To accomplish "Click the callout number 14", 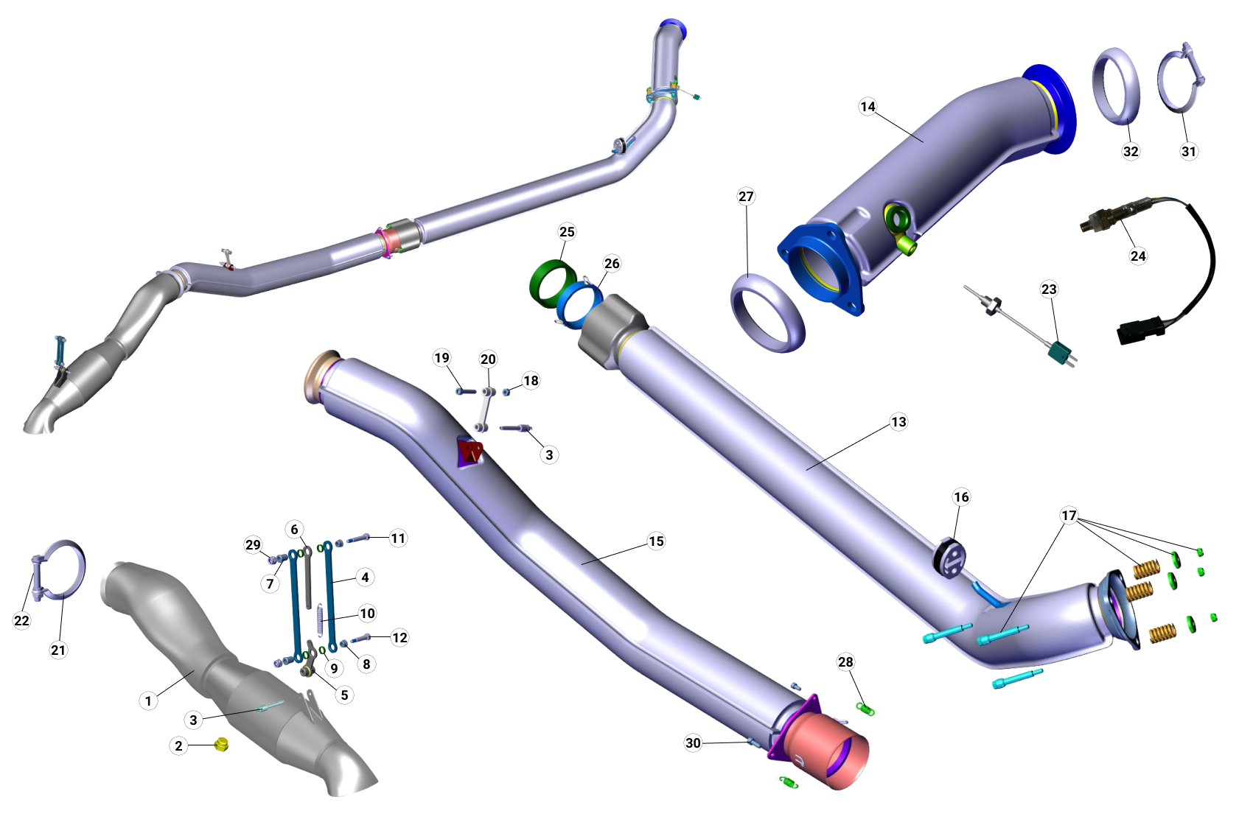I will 868,107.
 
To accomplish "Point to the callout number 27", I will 746,197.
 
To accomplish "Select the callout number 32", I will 1131,151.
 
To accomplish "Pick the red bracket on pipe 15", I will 470,451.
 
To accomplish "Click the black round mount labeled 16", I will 950,559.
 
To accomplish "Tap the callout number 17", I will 1069,516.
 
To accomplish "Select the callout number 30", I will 693,742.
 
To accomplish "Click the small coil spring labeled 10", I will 320,619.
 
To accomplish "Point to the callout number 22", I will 22,620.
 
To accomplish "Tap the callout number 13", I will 898,422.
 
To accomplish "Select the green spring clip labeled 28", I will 865,709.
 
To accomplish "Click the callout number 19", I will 441,358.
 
